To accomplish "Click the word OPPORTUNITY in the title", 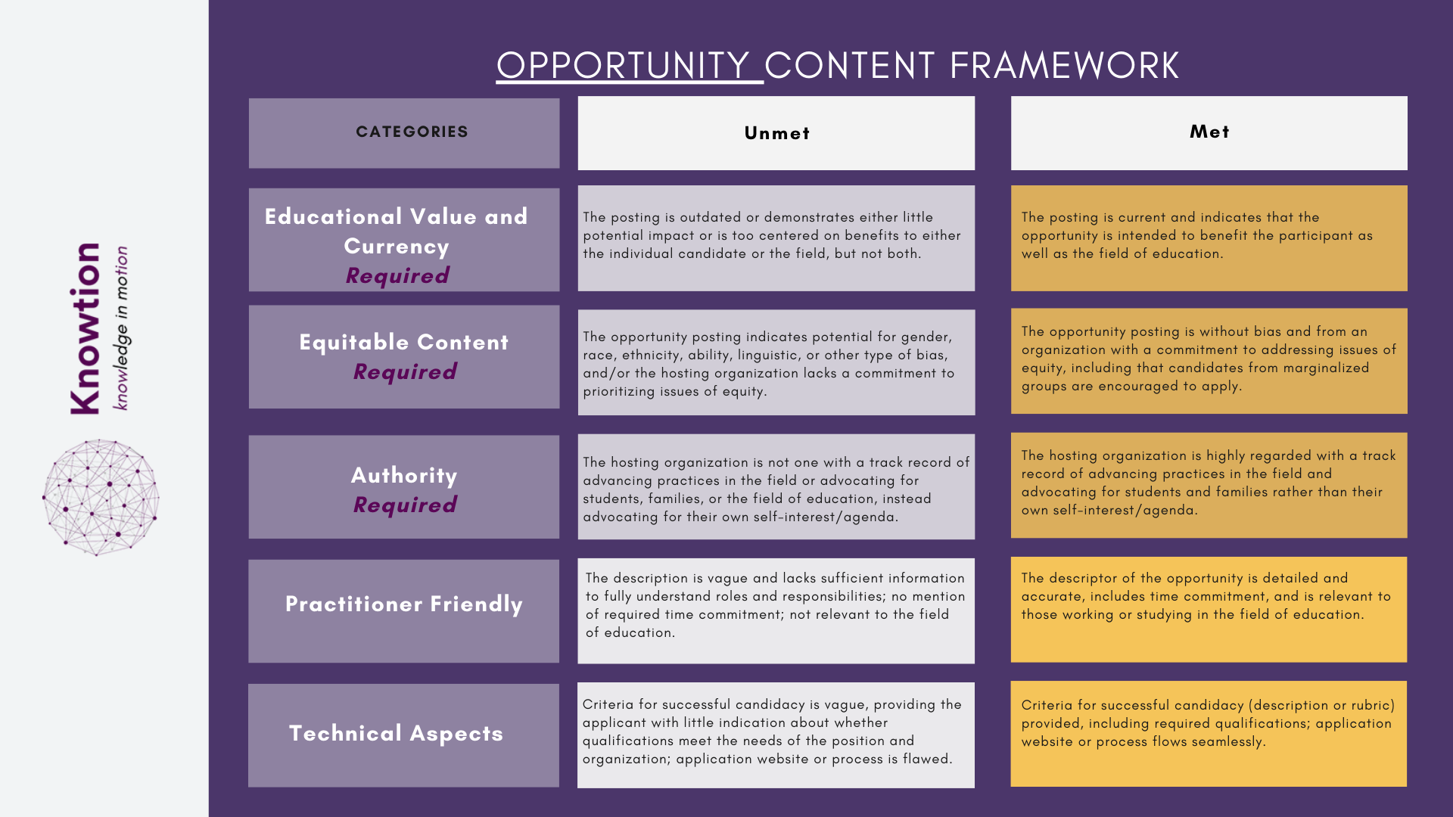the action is coord(622,66).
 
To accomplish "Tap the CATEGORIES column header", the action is coord(412,132).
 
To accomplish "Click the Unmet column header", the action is coord(776,134).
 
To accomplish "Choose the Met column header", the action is coord(1209,132).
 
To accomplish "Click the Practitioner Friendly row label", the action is coord(403,604).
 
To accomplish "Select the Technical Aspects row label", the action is coord(396,734).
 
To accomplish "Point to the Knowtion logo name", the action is coord(85,328).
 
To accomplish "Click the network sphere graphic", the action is coord(101,498).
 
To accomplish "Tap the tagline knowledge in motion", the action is coord(121,328).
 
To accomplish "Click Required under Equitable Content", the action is coord(405,372).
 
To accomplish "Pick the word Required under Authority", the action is coord(405,505).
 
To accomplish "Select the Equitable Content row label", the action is coord(403,343).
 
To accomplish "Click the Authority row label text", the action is coord(404,476).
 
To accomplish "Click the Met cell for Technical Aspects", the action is coord(1209,734).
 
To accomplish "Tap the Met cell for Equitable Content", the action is coord(1209,361).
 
